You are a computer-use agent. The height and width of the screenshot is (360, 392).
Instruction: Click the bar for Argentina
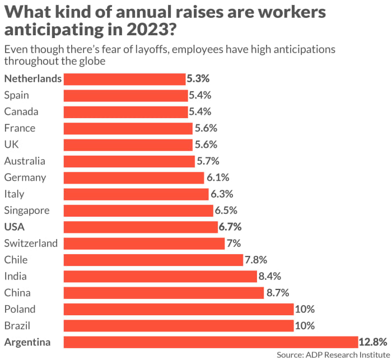(x=211, y=342)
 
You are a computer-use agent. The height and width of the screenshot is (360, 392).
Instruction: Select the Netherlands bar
(x=124, y=79)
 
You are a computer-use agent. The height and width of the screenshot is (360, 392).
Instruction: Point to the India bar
(x=160, y=276)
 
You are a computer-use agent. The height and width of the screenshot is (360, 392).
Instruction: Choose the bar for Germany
(x=134, y=177)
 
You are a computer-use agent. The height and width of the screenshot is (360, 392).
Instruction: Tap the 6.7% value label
(x=230, y=227)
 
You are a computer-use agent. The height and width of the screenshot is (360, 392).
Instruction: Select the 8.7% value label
(x=277, y=292)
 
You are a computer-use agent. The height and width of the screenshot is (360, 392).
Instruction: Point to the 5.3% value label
(x=198, y=79)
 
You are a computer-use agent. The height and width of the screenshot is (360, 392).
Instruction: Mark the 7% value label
(x=234, y=244)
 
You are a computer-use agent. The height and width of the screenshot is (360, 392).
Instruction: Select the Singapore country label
(x=27, y=211)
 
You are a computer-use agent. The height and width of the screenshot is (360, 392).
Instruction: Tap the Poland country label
(x=20, y=309)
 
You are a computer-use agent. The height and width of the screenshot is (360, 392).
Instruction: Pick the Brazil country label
(x=18, y=325)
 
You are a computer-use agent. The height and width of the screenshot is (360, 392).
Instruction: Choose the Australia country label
(x=25, y=161)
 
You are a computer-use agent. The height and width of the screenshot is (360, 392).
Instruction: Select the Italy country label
(x=14, y=194)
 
